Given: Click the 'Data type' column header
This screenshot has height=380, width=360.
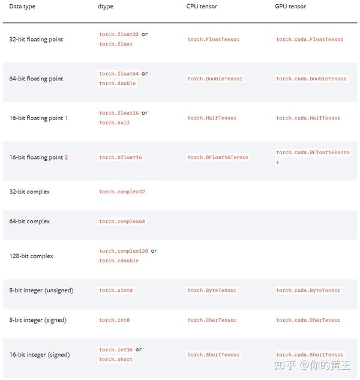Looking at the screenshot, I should [22, 6].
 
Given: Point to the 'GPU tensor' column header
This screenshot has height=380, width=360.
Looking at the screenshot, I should [290, 6].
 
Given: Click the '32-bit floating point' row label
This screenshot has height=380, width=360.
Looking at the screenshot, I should [36, 39].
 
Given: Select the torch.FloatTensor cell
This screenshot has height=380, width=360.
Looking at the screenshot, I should [213, 40].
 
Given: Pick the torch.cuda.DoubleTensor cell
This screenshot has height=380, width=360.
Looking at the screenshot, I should [311, 79].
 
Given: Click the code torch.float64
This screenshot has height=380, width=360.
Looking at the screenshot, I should [119, 74].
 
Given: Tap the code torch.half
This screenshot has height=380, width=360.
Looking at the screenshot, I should [114, 122].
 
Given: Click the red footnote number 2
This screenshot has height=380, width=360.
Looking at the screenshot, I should [66, 157].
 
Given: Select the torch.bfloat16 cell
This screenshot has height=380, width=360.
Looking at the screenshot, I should [120, 157].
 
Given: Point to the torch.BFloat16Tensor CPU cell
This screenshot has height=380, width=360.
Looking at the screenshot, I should [218, 157].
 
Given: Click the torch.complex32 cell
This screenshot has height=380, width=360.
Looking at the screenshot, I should [122, 192].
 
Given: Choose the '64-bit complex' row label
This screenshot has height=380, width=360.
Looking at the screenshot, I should [29, 222].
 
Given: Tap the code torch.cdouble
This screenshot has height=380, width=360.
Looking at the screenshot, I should [119, 261].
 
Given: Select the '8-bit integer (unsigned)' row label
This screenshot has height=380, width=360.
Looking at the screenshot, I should [41, 291].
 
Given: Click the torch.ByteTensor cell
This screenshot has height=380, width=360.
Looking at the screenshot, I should [212, 291].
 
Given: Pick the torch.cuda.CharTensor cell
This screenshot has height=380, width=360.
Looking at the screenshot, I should [308, 320].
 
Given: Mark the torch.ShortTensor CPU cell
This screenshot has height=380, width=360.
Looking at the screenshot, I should [213, 355].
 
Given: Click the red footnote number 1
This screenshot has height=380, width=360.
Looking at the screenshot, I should [66, 118].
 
